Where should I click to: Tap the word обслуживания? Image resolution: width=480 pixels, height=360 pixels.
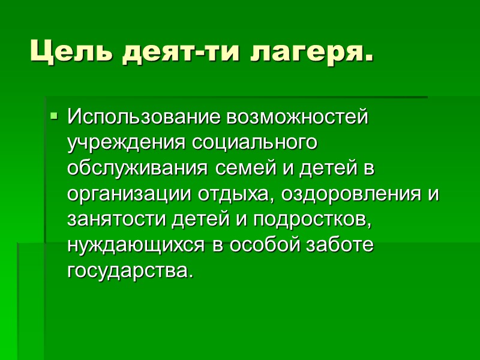(137, 169)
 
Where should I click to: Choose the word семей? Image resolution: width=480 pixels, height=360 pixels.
(237, 169)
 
